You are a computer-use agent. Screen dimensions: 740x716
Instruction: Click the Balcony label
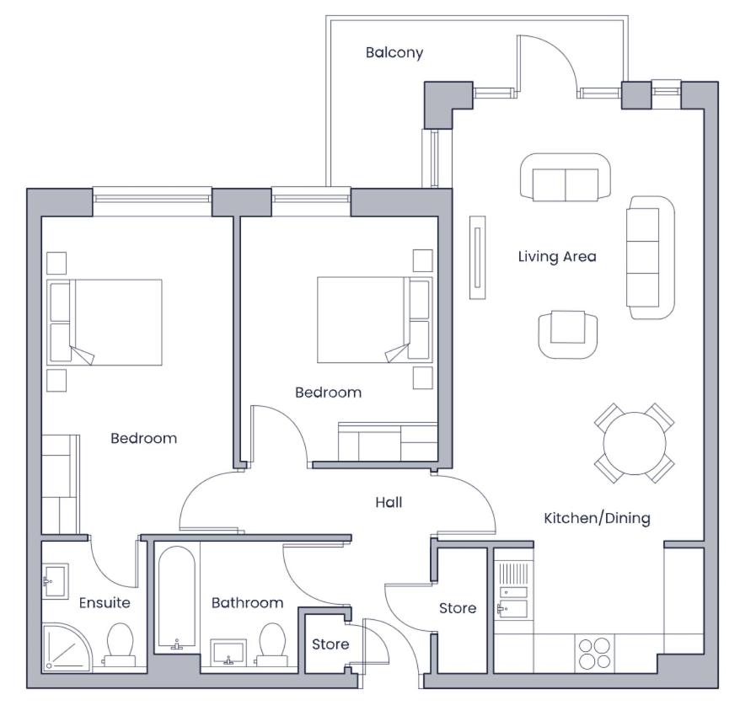point(394,52)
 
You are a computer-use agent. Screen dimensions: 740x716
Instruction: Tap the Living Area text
point(557,257)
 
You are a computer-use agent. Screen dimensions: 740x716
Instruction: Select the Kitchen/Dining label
point(597,518)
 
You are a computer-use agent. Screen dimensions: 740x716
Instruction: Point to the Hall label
point(389,502)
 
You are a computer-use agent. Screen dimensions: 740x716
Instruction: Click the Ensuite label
point(105,603)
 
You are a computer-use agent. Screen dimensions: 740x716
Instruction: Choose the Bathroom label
point(247,603)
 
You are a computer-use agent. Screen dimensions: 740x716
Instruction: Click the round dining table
point(635,443)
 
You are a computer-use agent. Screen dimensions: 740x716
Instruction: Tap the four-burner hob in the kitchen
point(595,654)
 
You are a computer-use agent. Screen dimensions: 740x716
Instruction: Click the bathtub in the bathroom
point(176,596)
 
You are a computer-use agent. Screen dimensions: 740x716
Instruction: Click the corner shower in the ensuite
point(67,647)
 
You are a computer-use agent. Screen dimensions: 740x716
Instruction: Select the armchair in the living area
point(568,334)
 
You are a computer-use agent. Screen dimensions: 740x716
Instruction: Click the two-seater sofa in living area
point(566,177)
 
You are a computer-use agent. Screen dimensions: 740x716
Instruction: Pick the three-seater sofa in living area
point(651,258)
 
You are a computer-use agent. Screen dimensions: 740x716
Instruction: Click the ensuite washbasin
point(56,581)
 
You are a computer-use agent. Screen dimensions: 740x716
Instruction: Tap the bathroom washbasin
point(228,653)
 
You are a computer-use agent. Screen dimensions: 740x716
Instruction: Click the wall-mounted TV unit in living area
point(477,258)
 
